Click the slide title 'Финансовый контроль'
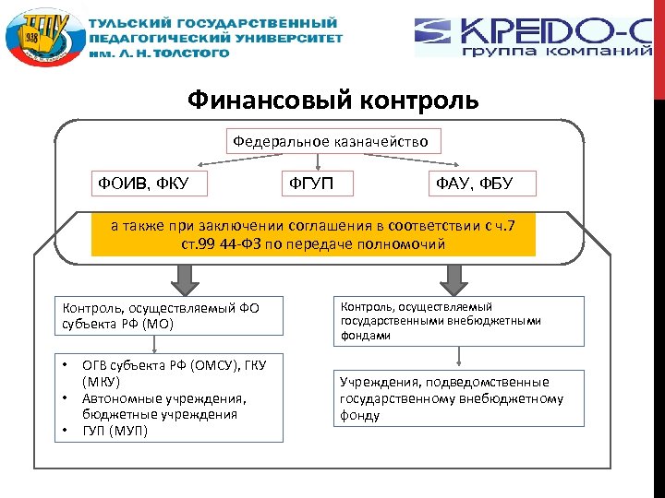[332, 100]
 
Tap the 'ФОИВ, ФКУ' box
[149, 184]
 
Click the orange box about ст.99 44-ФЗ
[313, 235]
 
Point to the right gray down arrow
[453, 275]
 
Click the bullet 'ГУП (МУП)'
[115, 431]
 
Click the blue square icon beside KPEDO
[432, 31]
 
